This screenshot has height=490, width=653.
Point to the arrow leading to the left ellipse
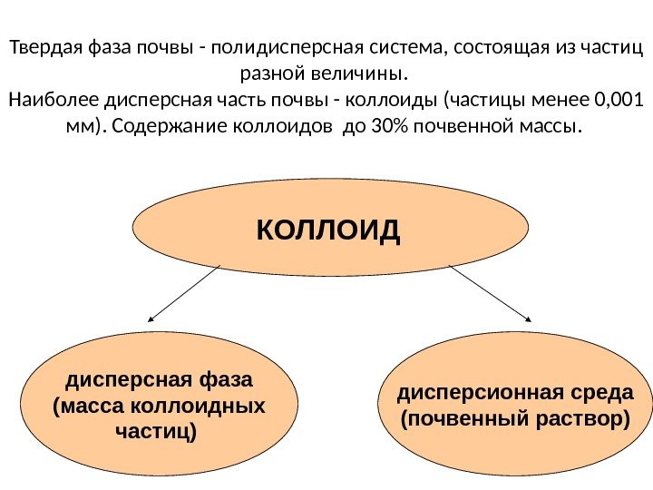(x=183, y=293)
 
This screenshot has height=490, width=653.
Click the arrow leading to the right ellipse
(x=490, y=293)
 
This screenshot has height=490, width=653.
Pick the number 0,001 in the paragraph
(x=616, y=97)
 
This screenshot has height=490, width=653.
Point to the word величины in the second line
(x=366, y=72)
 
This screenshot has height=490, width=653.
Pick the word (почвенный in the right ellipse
(x=458, y=420)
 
